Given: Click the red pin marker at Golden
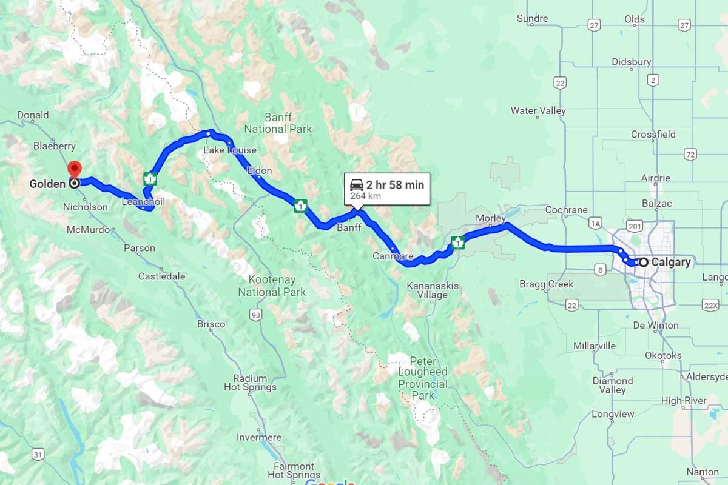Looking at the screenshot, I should tap(74, 169).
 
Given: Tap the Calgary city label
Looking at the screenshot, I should tap(670, 263).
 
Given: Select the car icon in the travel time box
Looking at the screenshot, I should tap(356, 185).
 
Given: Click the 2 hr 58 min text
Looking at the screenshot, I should tap(395, 185).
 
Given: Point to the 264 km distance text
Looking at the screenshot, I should tap(366, 196).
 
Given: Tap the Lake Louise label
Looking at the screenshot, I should tap(230, 150).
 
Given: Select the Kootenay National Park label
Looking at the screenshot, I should tap(272, 286).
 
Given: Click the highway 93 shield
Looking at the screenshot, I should tap(256, 314).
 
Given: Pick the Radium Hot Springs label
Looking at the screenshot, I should tap(250, 381).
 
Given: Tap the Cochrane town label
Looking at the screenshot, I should tap(566, 210).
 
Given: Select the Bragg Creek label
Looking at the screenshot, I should tap(547, 284).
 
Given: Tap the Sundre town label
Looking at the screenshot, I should tap(532, 19).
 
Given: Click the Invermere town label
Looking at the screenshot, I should tap(259, 437).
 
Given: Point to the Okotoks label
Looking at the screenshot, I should tap(663, 355).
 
